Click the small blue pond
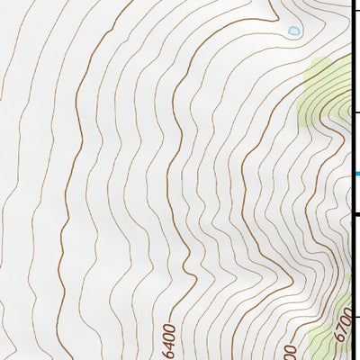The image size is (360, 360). (293, 31)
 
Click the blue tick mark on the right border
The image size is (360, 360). (356, 174)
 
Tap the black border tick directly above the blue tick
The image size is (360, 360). (356, 112)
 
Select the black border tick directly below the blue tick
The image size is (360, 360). (356, 214)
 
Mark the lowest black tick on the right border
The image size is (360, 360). (356, 316)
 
